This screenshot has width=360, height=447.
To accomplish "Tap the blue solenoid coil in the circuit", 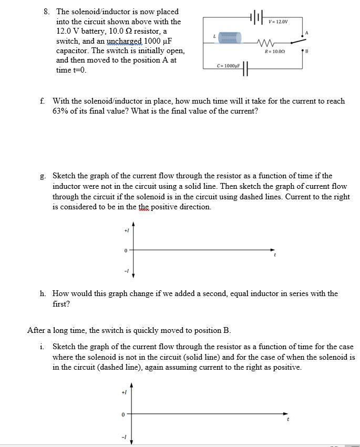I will [229, 37].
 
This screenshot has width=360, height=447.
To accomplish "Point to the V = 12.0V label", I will [278, 21].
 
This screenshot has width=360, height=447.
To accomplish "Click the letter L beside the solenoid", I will [213, 36].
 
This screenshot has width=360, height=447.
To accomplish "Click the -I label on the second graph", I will [124, 436].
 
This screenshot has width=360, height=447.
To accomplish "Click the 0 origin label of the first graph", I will [126, 251].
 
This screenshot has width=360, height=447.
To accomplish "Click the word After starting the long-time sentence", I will [37, 330].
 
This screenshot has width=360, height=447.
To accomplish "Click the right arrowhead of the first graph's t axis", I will [273, 250].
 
